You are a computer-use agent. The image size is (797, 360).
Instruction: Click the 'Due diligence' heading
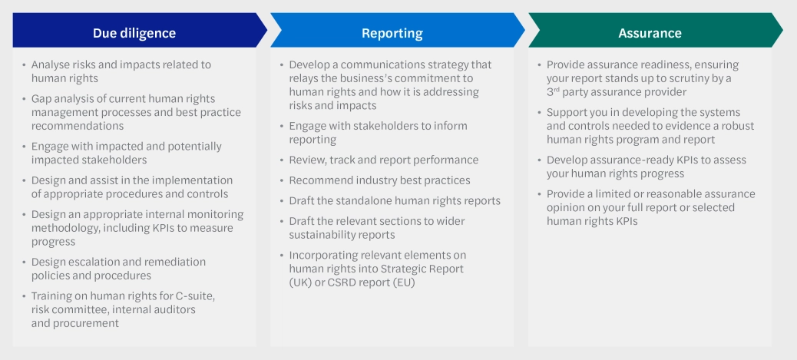click(x=134, y=33)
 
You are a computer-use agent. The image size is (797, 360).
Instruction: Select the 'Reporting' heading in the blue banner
click(x=392, y=33)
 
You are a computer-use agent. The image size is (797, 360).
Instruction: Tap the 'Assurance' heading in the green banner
click(x=650, y=33)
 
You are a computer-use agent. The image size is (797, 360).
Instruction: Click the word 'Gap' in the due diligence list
click(x=41, y=99)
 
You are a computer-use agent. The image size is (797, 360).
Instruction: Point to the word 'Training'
click(x=54, y=296)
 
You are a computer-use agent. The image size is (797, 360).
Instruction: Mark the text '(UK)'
click(x=302, y=282)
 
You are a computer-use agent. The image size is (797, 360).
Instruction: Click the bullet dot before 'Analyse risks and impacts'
click(x=24, y=65)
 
